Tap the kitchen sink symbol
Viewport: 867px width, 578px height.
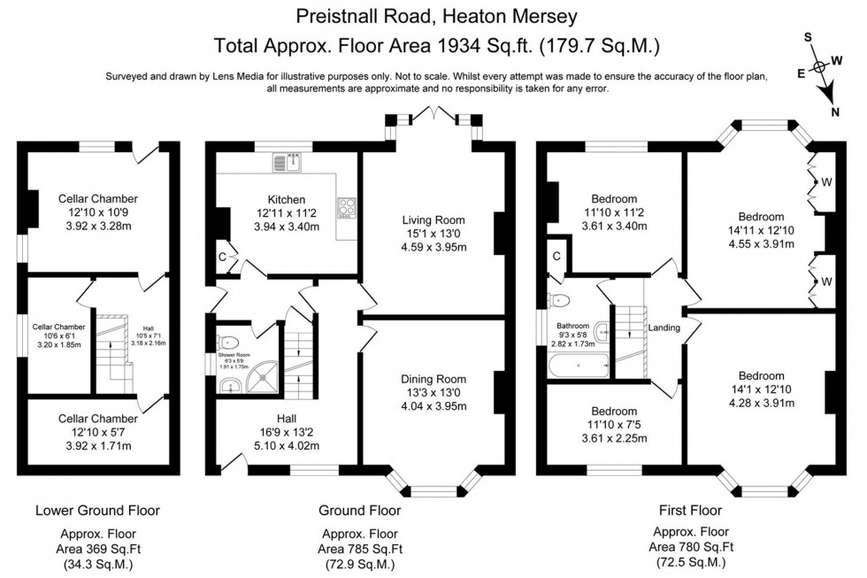tap(289, 161)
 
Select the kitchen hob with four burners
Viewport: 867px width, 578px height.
tap(345, 207)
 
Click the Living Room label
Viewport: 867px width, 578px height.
tap(433, 220)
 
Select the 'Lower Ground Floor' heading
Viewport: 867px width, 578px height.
tap(97, 511)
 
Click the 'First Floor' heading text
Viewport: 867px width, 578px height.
tap(689, 511)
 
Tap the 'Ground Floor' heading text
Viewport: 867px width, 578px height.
tap(359, 511)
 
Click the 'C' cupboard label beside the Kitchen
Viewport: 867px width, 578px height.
tap(221, 258)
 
